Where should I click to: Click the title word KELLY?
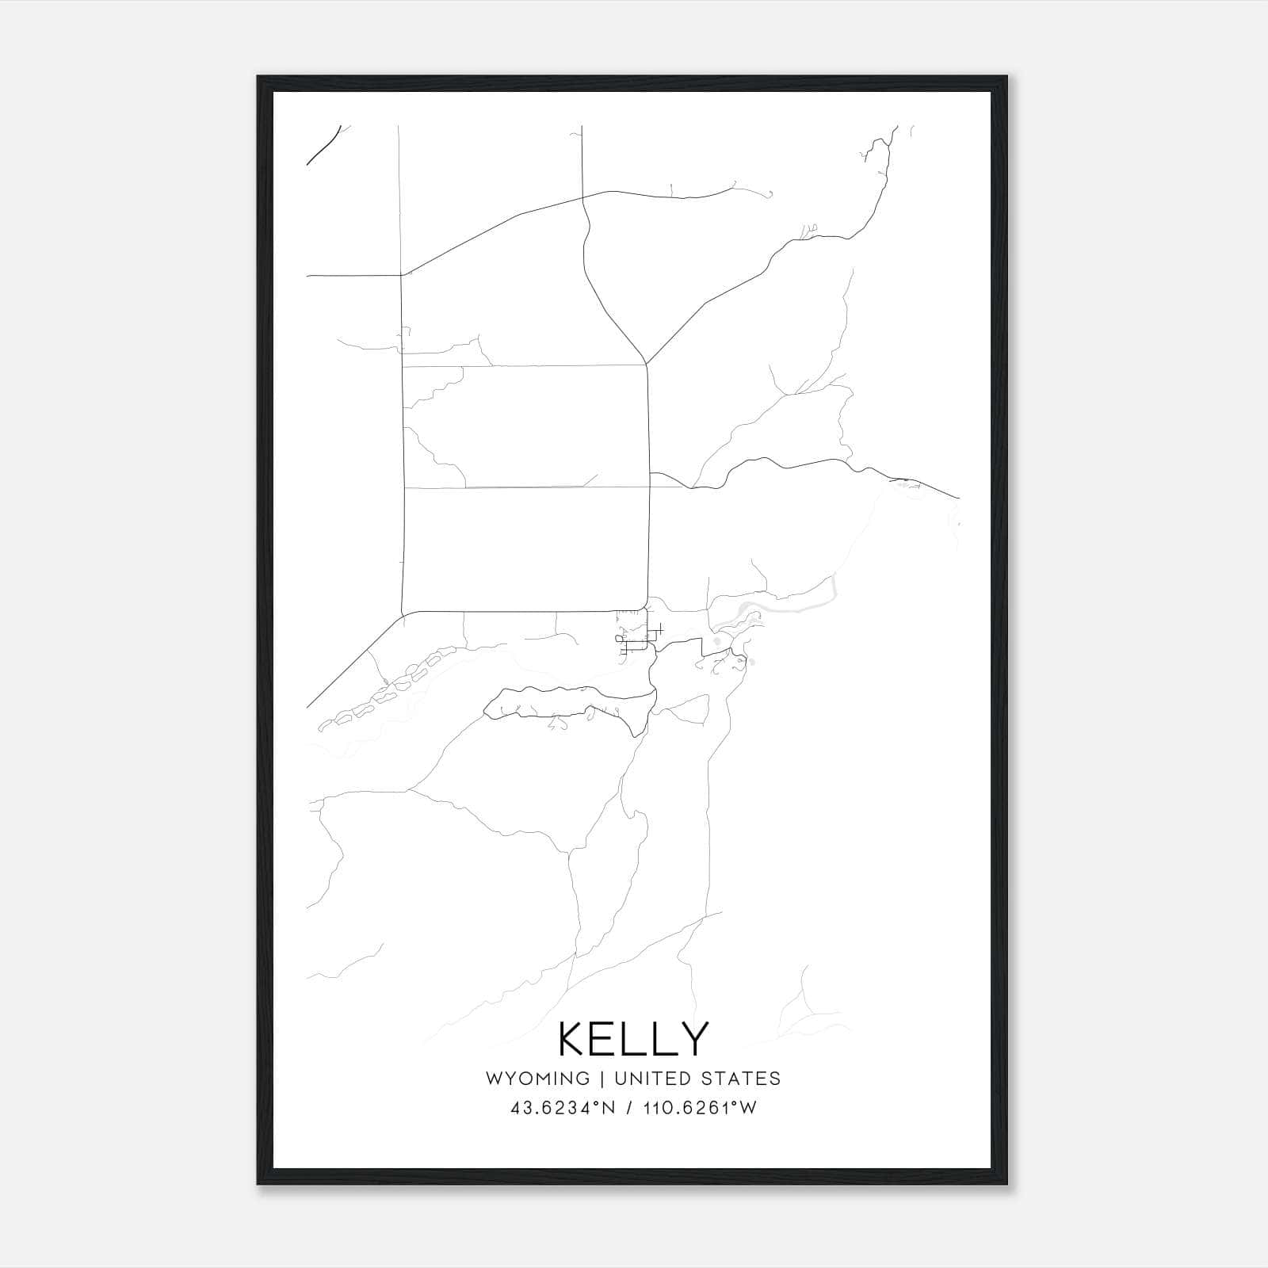point(633,1039)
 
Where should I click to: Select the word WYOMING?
point(537,1079)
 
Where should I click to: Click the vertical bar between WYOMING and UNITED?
point(602,1079)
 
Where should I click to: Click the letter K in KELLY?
point(574,1039)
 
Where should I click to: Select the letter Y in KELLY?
point(691,1039)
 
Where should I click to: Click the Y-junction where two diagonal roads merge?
point(647,364)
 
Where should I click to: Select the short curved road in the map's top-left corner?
point(323,146)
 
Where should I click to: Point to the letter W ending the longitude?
point(748,1108)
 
